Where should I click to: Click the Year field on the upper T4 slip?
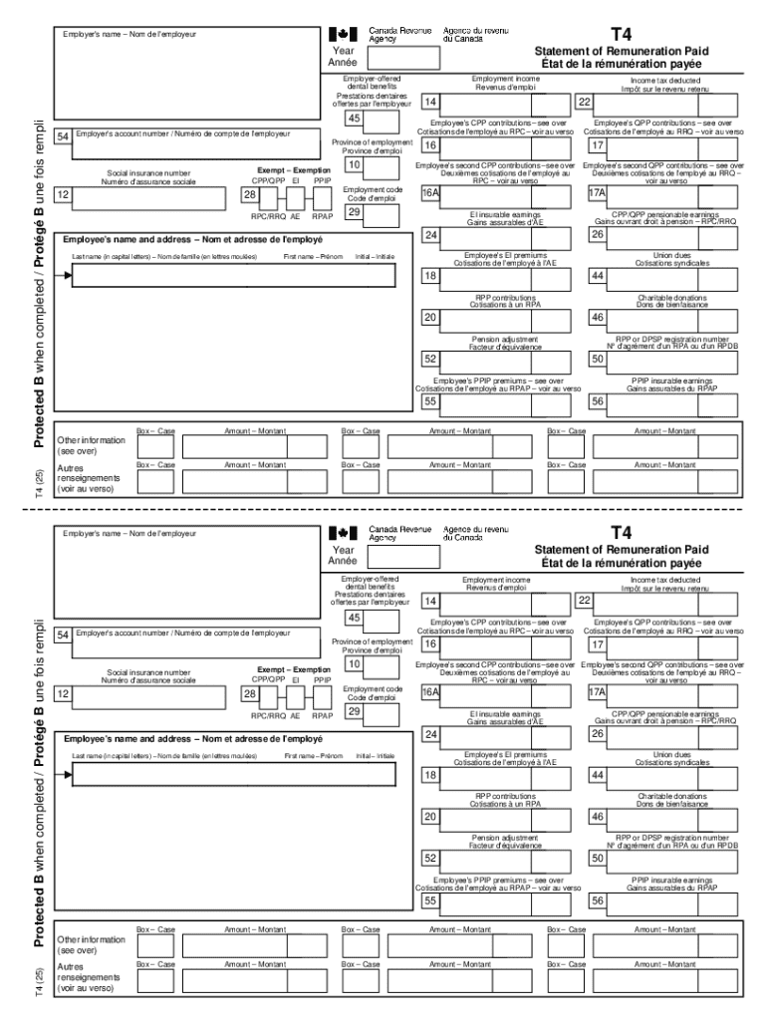point(403,57)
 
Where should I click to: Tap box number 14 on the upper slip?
point(429,102)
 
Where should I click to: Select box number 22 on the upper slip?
point(585,102)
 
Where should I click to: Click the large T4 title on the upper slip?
point(621,35)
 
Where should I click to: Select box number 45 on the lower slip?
point(353,618)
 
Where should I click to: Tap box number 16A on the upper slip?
point(430,192)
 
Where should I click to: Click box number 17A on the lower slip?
point(597,691)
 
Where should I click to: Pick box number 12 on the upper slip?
point(62,194)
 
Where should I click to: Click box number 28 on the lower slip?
point(251,693)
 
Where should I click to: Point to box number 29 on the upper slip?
point(353,211)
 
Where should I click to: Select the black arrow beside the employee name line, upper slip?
point(68,275)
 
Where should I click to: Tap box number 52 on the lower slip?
point(430,857)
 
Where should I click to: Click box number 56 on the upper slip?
point(598,401)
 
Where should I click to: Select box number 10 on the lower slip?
point(353,663)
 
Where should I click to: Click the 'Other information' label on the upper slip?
point(91,439)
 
